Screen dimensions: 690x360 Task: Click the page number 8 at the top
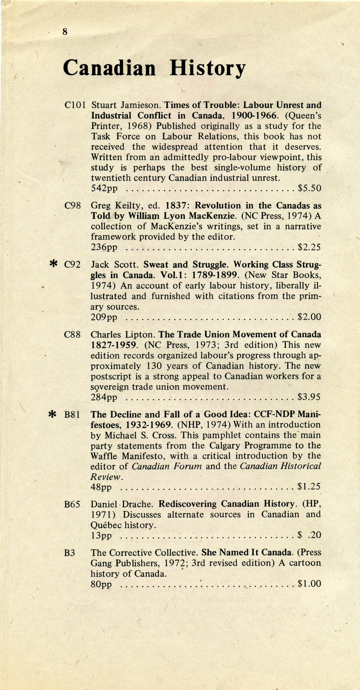(x=65, y=32)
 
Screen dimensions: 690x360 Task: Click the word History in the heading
(x=208, y=68)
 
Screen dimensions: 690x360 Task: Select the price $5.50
(x=309, y=189)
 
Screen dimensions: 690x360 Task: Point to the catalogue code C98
(x=73, y=205)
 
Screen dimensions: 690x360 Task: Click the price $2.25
(x=309, y=248)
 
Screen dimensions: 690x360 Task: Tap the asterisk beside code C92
(x=53, y=264)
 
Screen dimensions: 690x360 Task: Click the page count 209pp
(x=104, y=318)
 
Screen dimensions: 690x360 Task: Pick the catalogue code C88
(x=73, y=335)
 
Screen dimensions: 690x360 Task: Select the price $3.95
(x=309, y=397)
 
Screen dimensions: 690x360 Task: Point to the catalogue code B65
(x=73, y=504)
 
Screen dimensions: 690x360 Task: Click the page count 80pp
(x=101, y=584)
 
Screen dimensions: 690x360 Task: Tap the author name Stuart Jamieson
(x=126, y=105)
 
